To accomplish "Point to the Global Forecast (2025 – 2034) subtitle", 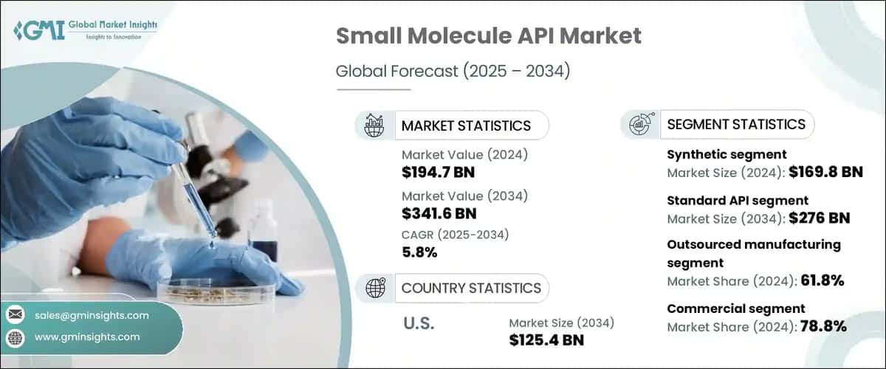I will pyautogui.click(x=453, y=72).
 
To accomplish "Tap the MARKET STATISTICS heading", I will pyautogui.click(x=466, y=125).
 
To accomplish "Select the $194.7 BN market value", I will pyautogui.click(x=438, y=173).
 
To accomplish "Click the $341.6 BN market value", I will pyautogui.click(x=439, y=214).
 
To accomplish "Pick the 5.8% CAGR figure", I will pyautogui.click(x=419, y=252).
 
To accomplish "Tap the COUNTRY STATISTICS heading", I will pyautogui.click(x=471, y=288).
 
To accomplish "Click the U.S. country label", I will pyautogui.click(x=419, y=323).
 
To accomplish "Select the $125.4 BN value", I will pyautogui.click(x=546, y=340).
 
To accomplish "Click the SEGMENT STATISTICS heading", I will pyautogui.click(x=736, y=124).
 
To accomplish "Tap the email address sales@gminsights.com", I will pyautogui.click(x=92, y=315).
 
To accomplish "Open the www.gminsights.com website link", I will pyautogui.click(x=87, y=337).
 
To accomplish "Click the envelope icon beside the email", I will pyautogui.click(x=16, y=315).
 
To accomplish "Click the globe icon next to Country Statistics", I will pyautogui.click(x=375, y=288).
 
